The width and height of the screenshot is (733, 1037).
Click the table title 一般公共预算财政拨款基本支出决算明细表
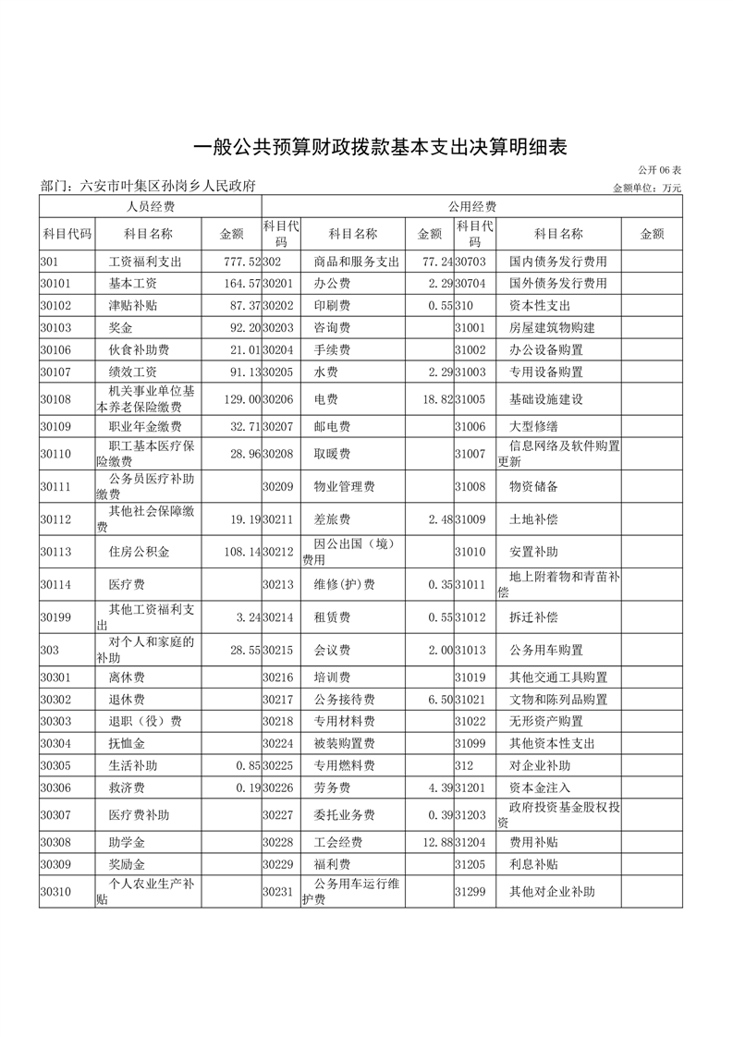tap(379, 147)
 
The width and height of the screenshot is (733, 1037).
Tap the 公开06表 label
tap(659, 171)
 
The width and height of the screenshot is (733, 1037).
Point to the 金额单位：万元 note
tap(647, 188)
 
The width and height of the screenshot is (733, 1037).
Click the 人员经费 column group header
tap(151, 206)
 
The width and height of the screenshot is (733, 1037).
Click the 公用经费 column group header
tap(471, 206)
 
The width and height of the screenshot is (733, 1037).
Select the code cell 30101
tap(56, 284)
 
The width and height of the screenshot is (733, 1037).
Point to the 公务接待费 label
tap(345, 700)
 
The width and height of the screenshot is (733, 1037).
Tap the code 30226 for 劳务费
tap(278, 787)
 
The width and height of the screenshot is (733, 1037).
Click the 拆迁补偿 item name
tap(533, 616)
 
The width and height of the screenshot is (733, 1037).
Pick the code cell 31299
tap(470, 892)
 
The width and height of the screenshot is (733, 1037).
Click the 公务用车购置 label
tap(546, 650)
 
